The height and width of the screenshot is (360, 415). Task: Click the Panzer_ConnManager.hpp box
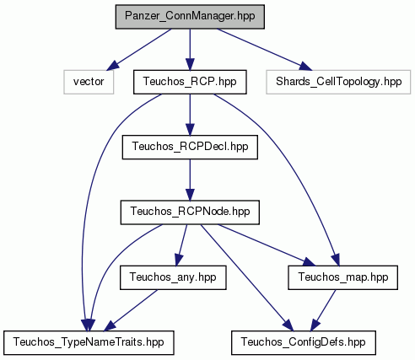190,17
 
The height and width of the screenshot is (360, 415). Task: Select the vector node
89,82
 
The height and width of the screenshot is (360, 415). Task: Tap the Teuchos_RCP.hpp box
190,82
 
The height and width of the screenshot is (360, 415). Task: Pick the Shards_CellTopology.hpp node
338,82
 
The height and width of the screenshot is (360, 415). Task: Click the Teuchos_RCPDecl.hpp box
190,147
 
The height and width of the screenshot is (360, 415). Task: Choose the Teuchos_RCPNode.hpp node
190,212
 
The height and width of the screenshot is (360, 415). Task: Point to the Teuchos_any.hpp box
173,277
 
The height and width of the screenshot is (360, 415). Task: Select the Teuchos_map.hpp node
342,277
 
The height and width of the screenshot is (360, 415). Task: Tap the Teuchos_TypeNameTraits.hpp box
89,342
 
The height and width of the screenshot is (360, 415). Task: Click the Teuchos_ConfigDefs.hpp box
304,342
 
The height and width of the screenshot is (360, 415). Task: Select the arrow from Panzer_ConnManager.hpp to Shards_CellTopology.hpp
265,49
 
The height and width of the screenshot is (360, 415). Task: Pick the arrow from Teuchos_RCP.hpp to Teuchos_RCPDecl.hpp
190,115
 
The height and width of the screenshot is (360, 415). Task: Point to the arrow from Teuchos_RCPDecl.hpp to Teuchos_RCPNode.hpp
190,180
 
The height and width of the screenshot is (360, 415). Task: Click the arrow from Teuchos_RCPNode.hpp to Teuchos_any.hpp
181,245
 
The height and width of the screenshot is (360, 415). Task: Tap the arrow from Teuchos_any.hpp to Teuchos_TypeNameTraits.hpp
131,310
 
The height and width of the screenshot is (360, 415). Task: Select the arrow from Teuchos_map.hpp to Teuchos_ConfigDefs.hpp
323,310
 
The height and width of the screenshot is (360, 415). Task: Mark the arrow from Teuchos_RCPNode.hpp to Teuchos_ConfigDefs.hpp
247,277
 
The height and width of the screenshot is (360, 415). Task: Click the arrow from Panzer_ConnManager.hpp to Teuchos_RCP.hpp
190,50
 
